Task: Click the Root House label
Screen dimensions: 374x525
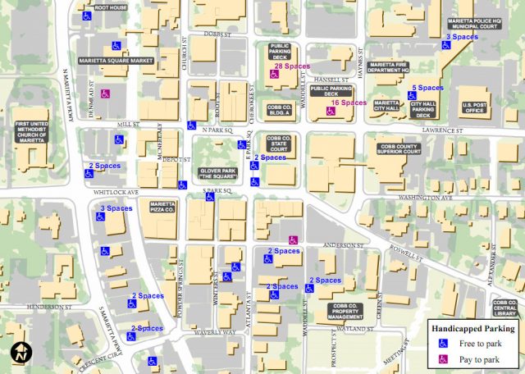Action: [x=112, y=7]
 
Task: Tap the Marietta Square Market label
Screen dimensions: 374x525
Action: [x=116, y=61]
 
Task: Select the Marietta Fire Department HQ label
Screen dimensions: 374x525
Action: [x=399, y=66]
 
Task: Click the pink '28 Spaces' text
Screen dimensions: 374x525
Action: [x=290, y=66]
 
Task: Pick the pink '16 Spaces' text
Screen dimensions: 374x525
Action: [x=349, y=103]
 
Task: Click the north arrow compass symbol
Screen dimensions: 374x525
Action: [x=21, y=353]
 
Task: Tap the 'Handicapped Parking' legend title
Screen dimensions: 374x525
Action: [x=473, y=329]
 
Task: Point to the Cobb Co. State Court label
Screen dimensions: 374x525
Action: [x=279, y=143]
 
